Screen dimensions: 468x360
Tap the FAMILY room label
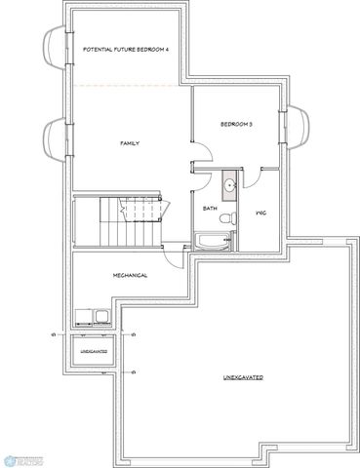(x=129, y=143)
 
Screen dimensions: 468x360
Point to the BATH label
(x=209, y=208)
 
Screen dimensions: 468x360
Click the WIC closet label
(x=261, y=211)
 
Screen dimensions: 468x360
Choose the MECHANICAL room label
(x=130, y=275)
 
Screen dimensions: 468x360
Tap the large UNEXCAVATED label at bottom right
(x=243, y=376)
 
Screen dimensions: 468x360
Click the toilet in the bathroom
(x=226, y=221)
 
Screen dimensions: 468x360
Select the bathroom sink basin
(x=227, y=183)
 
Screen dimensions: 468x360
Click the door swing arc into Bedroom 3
(x=199, y=156)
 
